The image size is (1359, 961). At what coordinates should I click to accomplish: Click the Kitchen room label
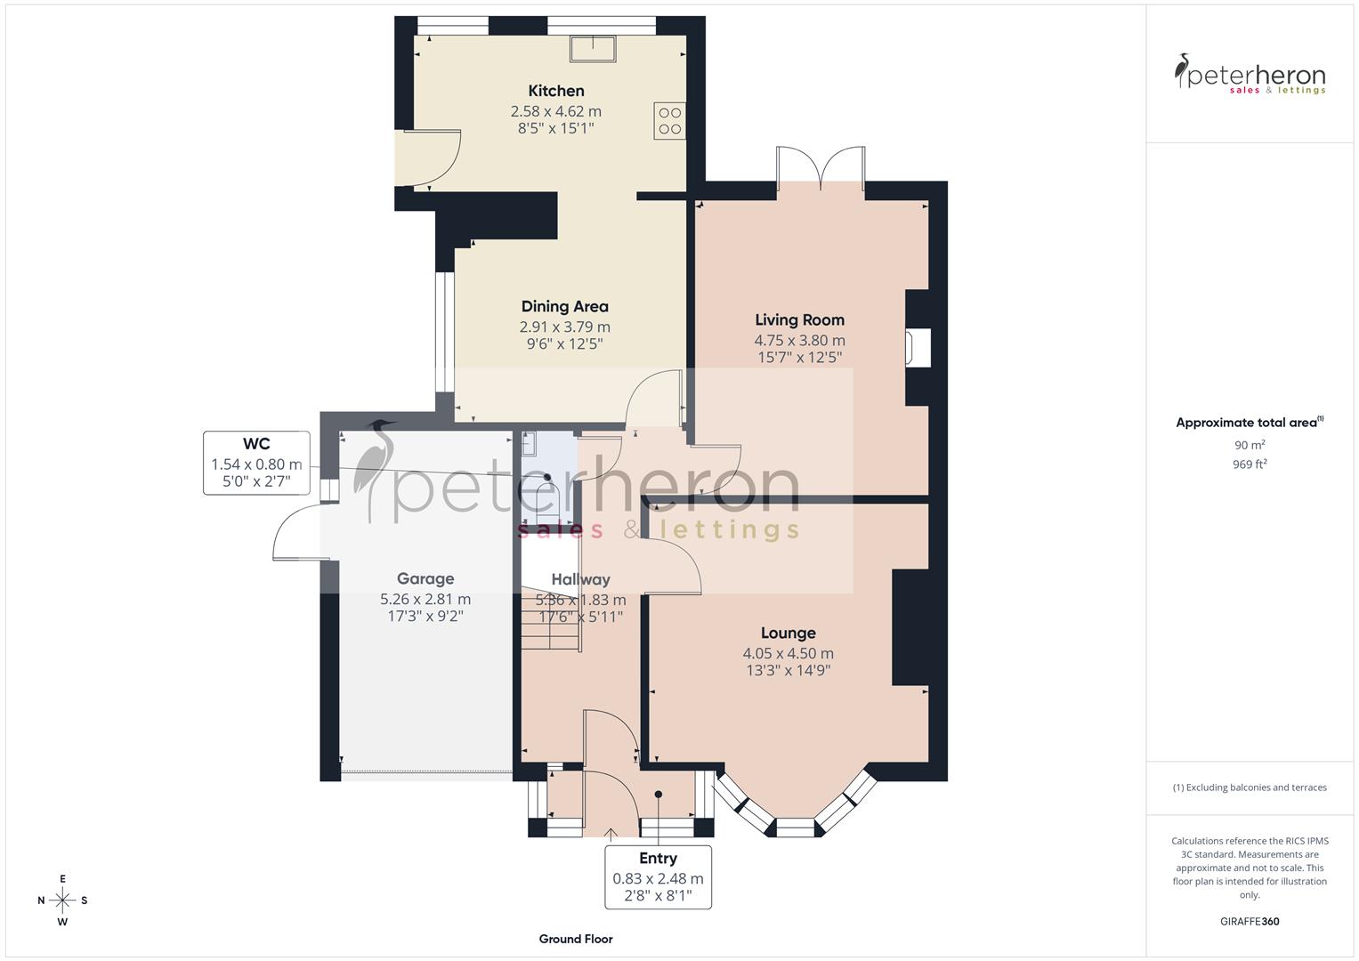[556, 91]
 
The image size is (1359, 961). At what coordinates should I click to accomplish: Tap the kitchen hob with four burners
[669, 121]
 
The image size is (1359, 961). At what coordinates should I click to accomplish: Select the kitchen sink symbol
[594, 48]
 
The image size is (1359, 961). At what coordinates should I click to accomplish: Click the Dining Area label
[565, 307]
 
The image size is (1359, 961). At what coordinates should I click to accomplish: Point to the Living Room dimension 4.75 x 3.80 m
[799, 340]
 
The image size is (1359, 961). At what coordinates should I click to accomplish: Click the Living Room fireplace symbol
[918, 348]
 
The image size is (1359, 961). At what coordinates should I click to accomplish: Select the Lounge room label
[788, 634]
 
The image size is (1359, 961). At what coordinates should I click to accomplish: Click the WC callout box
[256, 463]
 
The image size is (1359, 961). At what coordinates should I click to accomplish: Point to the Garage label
[425, 578]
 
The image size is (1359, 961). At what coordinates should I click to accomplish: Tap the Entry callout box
[658, 876]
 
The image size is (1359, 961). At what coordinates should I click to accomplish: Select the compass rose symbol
[62, 900]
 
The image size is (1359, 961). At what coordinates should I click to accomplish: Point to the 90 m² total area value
[1250, 445]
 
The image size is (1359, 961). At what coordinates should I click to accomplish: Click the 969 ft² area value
[1250, 464]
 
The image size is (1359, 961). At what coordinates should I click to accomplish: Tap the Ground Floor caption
[576, 939]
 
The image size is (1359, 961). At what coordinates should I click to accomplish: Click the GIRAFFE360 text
[1250, 922]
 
